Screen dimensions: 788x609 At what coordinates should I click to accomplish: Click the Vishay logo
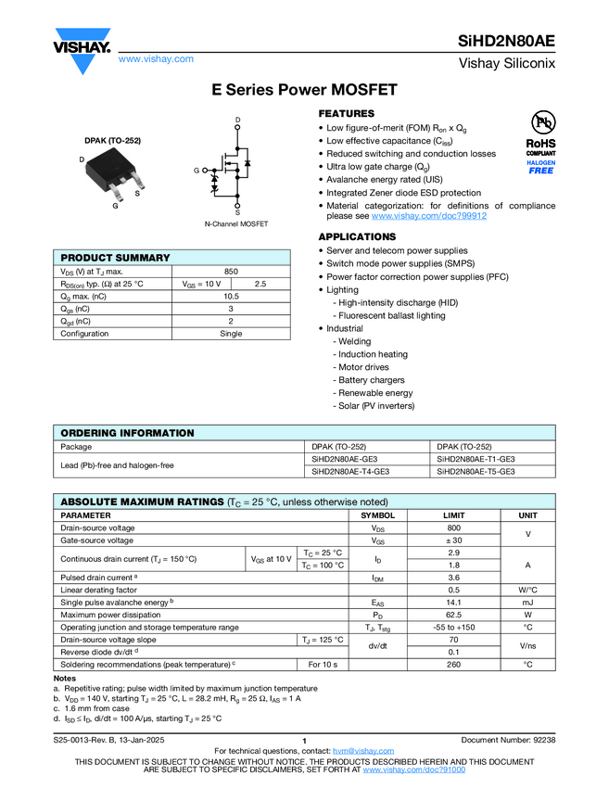tap(82, 51)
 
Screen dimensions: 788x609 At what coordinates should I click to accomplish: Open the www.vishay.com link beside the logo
tap(156, 59)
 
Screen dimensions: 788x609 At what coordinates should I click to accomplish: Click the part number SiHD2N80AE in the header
tap(506, 41)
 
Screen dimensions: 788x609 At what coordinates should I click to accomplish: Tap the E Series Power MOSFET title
tap(304, 90)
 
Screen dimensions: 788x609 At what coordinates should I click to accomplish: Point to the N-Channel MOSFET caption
tap(236, 224)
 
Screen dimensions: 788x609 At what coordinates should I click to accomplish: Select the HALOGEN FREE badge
tap(541, 167)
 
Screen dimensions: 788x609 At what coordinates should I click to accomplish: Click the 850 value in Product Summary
tap(232, 271)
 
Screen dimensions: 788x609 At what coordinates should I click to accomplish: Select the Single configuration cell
tap(232, 334)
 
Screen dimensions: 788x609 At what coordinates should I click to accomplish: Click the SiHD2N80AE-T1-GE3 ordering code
tap(476, 459)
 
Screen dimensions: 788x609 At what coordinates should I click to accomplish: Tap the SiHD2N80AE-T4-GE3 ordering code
tap(350, 471)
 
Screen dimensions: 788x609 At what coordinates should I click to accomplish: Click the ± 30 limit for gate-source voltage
tap(454, 540)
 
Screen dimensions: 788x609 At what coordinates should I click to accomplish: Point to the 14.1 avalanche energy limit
tap(454, 602)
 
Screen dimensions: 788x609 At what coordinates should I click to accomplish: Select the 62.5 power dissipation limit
tap(454, 614)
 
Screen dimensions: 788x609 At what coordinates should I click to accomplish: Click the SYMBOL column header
tap(377, 515)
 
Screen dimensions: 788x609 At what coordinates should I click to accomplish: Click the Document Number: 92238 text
tap(508, 740)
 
